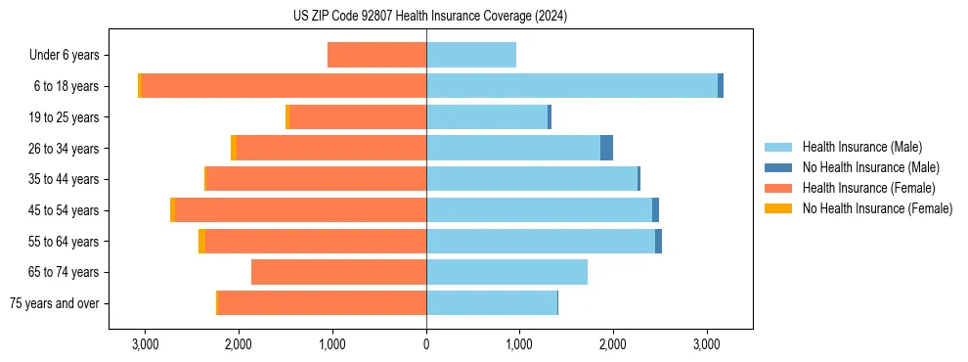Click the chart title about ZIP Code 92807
pyautogui.click(x=429, y=17)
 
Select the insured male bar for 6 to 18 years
pyautogui.click(x=572, y=86)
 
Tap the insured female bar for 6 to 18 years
pyautogui.click(x=284, y=86)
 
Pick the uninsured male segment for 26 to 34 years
pyautogui.click(x=606, y=148)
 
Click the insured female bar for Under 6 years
pyautogui.click(x=376, y=55)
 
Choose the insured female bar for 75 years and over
pyautogui.click(x=322, y=303)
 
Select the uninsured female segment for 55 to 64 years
pyautogui.click(x=201, y=241)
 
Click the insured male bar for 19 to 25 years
pyautogui.click(x=487, y=117)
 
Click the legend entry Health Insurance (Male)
pyautogui.click(x=861, y=147)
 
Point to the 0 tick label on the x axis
pyautogui.click(x=426, y=344)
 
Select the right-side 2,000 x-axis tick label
pyautogui.click(x=613, y=344)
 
